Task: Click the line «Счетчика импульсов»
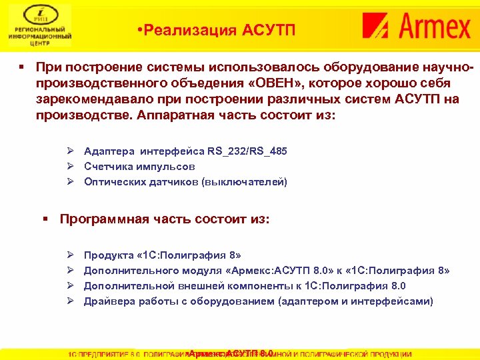point(139,167)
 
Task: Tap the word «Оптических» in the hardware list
point(112,182)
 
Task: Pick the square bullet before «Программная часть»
point(45,219)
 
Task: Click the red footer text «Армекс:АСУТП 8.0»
point(230,353)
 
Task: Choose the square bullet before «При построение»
point(22,68)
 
